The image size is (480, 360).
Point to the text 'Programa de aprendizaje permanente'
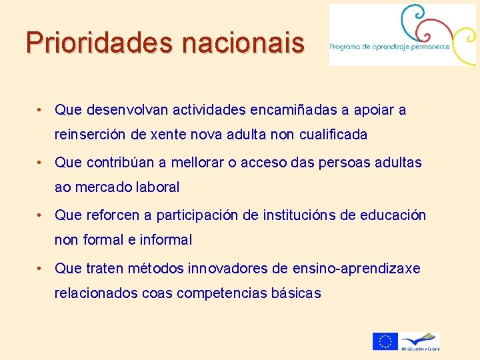tap(389, 47)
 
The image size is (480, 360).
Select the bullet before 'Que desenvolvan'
tap(41, 109)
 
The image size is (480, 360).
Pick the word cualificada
tap(332, 135)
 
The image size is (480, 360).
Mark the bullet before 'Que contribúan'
tap(41, 162)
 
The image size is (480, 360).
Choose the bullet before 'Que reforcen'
tap(41, 215)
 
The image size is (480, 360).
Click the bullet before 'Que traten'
tap(41, 268)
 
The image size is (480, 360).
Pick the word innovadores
tap(228, 268)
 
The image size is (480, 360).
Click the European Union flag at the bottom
tap(385, 341)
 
